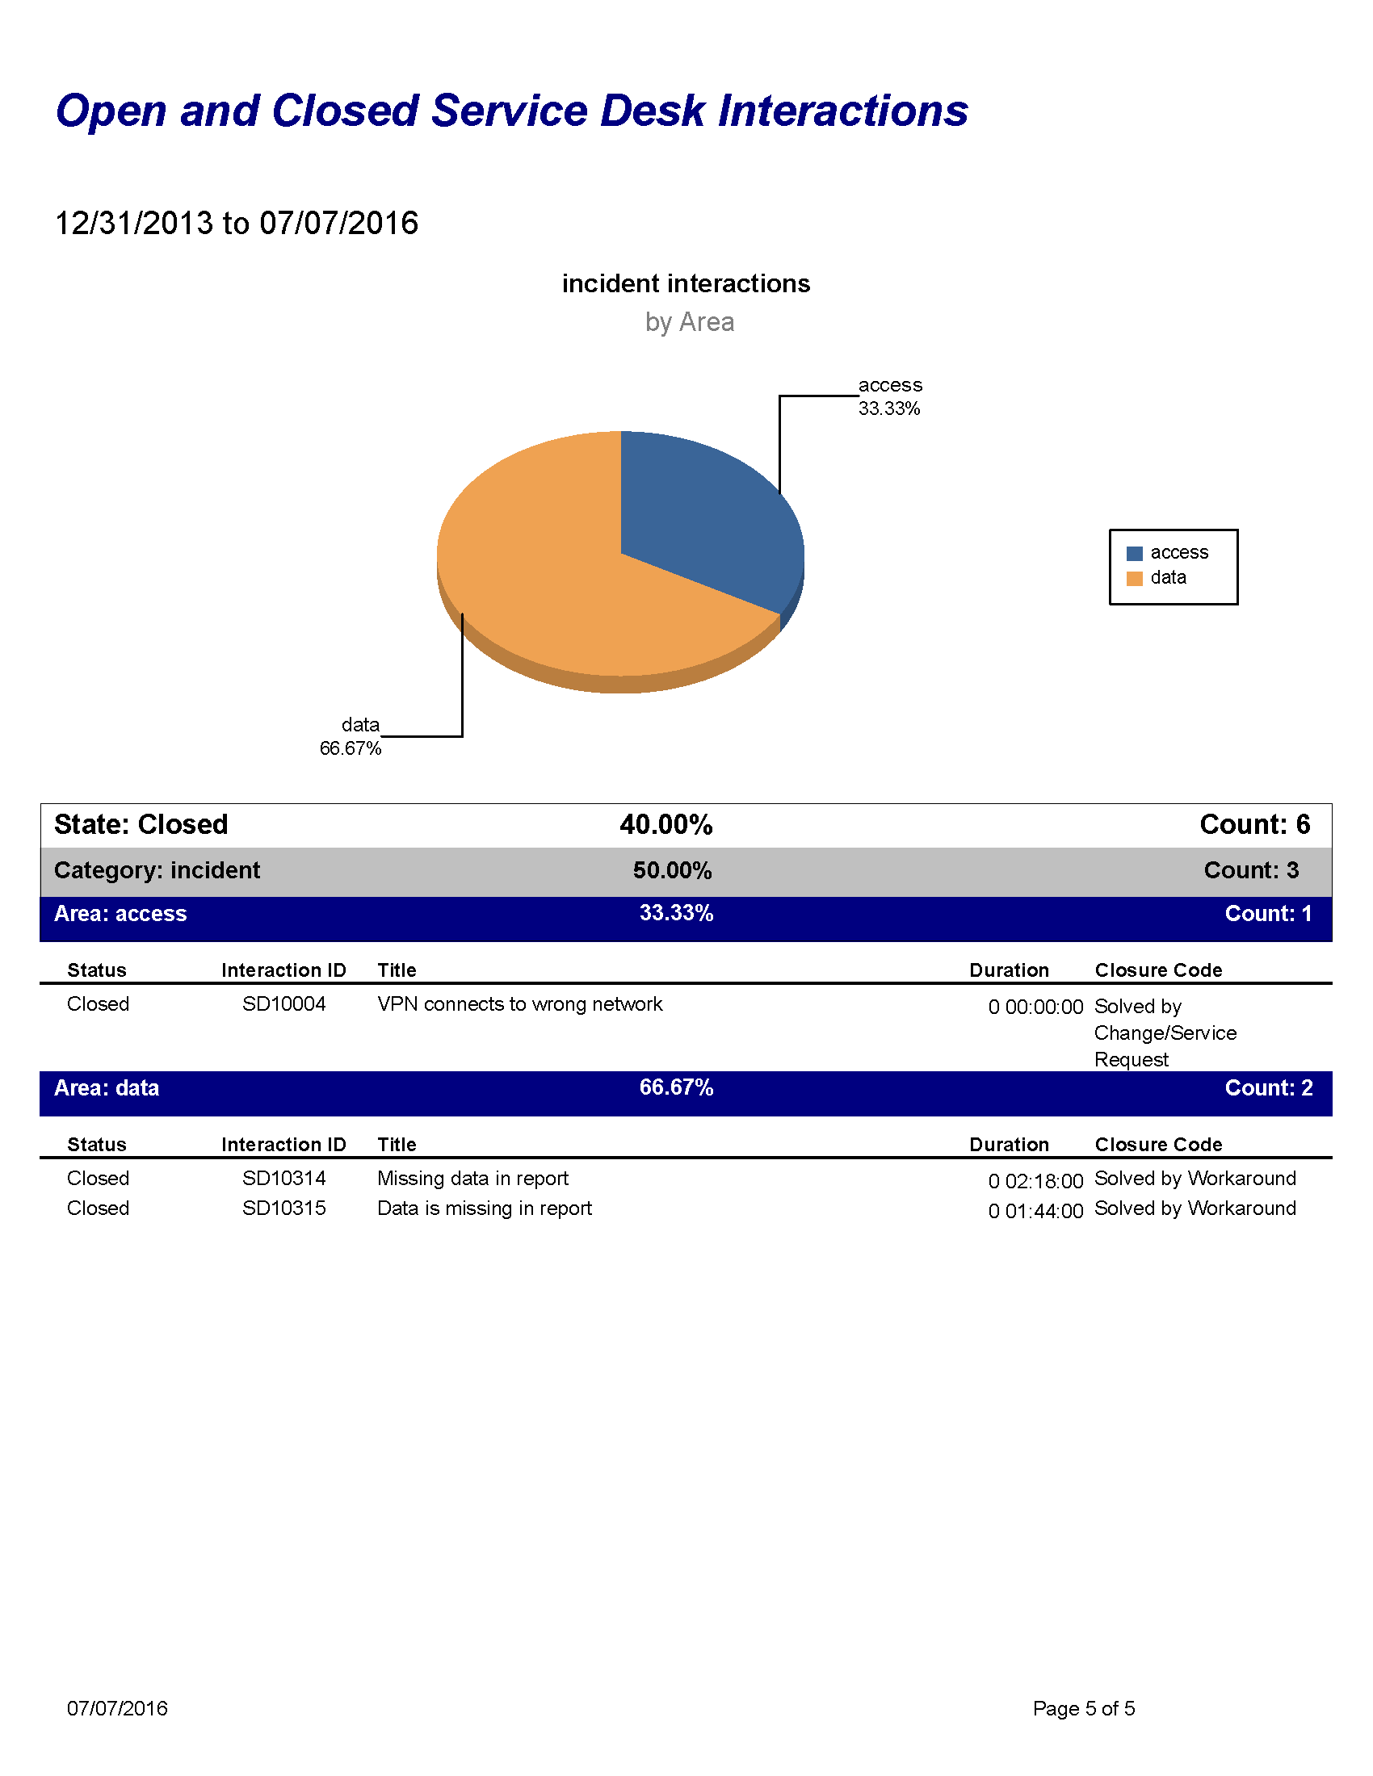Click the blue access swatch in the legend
click(1134, 553)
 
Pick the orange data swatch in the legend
click(1134, 578)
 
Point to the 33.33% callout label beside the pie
click(889, 408)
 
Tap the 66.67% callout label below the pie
click(350, 748)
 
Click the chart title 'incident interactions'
click(686, 283)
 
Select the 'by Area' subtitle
click(689, 322)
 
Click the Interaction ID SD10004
click(283, 1004)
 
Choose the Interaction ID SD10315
click(283, 1208)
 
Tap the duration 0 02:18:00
click(1035, 1181)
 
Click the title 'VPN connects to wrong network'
click(520, 1004)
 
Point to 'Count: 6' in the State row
click(1254, 824)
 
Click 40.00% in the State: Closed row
click(666, 824)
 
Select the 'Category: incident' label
click(157, 870)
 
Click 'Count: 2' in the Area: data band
click(1268, 1088)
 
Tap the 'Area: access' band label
click(120, 914)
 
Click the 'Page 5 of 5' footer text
click(1083, 1708)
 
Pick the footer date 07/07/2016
click(117, 1708)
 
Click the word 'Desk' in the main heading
click(653, 111)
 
